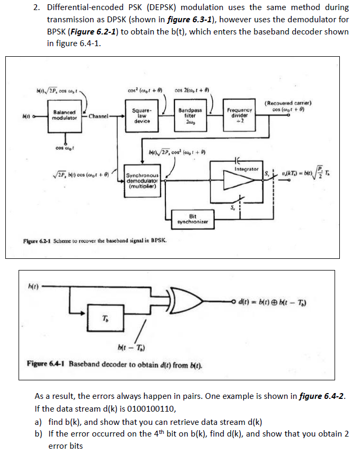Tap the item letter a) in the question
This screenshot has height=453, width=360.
point(38,422)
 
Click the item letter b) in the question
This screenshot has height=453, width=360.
point(38,433)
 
